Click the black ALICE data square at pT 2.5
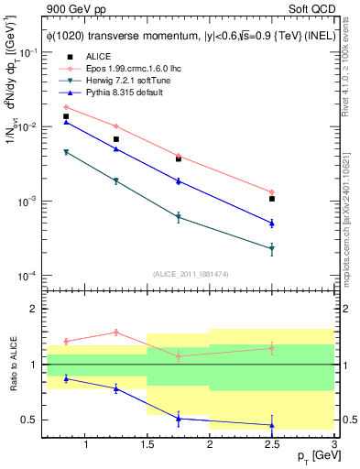click(x=272, y=199)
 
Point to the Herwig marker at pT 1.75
click(x=179, y=217)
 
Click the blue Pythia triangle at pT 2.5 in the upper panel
click(x=272, y=223)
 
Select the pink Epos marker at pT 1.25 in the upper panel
click(x=115, y=126)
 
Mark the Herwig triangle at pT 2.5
click(x=272, y=248)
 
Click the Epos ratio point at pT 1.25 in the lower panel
click(x=115, y=332)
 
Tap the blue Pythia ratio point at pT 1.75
click(x=179, y=419)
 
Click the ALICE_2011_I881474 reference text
click(x=191, y=275)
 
